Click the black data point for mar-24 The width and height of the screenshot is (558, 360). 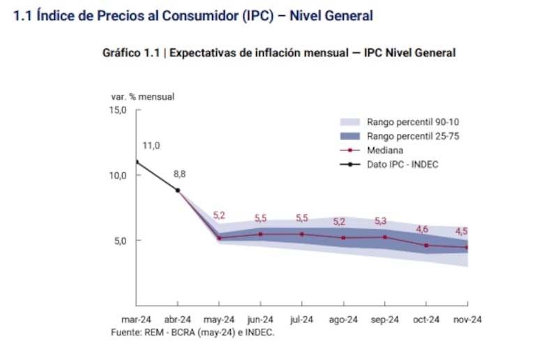pos(137,162)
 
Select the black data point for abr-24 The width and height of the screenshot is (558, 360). pos(178,190)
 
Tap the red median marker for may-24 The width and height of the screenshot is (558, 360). pos(219,238)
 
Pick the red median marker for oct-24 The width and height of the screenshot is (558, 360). pos(426,246)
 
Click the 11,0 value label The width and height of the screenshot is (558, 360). pos(151,146)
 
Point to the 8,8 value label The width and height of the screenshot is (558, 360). pos(180,174)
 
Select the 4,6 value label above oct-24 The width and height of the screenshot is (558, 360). pos(422,229)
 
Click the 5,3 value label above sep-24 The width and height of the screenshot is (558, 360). pos(380,221)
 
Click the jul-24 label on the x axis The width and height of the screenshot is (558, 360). pos(301,320)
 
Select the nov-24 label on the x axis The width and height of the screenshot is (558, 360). pos(467,320)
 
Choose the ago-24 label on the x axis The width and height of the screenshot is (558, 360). pos(343,320)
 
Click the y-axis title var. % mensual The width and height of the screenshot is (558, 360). pos(142,96)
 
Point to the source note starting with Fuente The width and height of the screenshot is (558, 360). pos(193,333)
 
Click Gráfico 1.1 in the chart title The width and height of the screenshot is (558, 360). pos(132,53)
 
